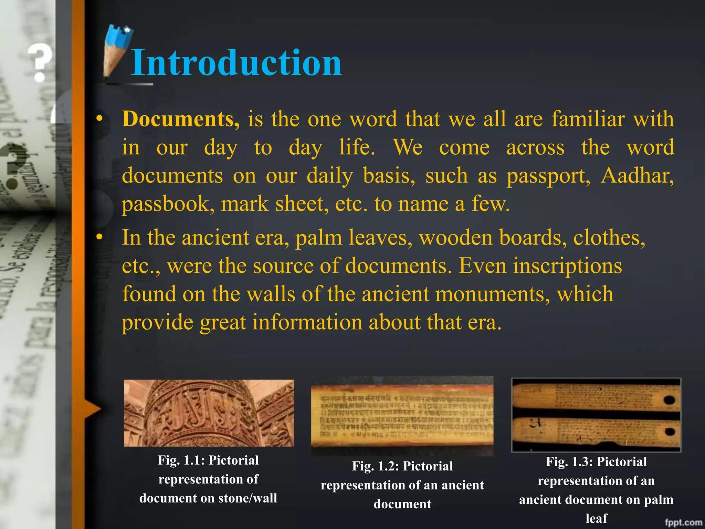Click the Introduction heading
click(236, 63)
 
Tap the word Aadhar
click(637, 176)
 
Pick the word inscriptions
click(568, 266)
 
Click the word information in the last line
click(307, 322)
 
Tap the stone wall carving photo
click(209, 413)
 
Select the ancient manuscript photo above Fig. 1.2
click(402, 416)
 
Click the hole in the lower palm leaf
click(669, 432)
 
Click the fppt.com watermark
click(683, 522)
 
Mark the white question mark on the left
click(40, 62)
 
